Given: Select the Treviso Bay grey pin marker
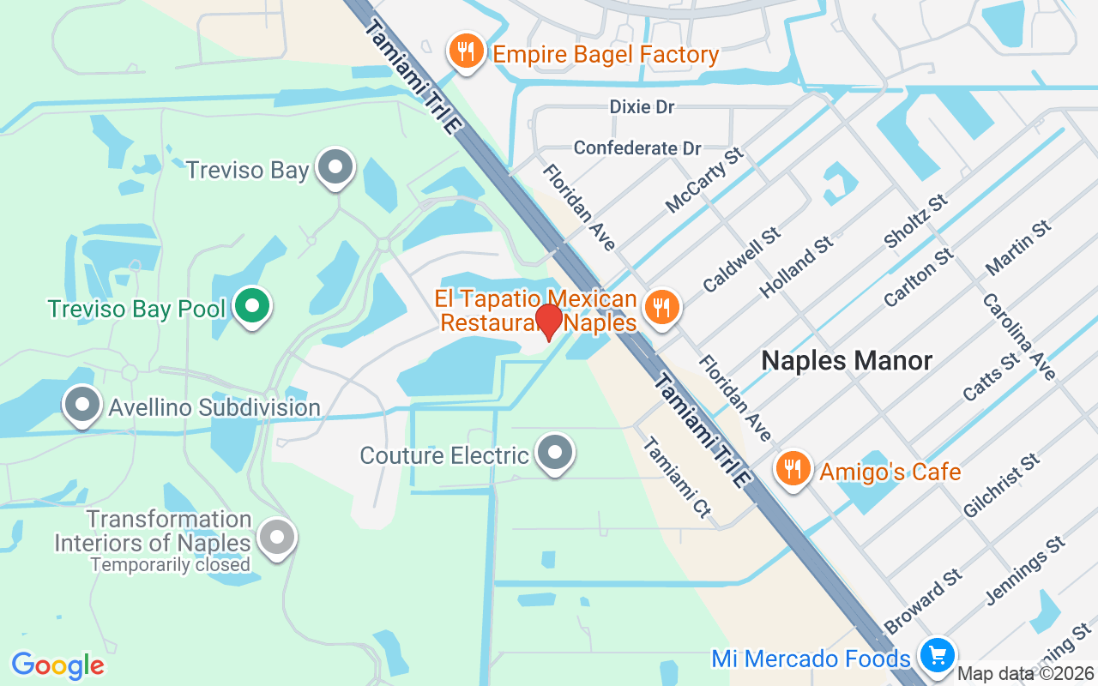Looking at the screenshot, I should tap(335, 166).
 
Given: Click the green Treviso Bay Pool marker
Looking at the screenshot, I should tap(251, 306).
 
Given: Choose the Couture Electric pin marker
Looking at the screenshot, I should tap(554, 452).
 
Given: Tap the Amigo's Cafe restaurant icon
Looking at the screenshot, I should tap(793, 469).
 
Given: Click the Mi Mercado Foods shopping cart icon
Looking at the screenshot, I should tap(937, 656).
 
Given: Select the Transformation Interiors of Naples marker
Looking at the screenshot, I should tap(277, 538).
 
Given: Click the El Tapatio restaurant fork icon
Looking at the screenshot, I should tap(661, 306).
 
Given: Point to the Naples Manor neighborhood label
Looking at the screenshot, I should tap(847, 360).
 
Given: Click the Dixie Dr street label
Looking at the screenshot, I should tap(642, 107).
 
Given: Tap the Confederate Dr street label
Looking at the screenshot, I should tap(637, 148).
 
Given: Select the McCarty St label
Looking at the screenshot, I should tap(703, 180).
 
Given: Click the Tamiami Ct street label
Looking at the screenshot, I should tap(677, 477).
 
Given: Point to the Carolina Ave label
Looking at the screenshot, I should tap(1018, 337).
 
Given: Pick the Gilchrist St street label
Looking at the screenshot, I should tap(1001, 486).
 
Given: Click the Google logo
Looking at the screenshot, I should tap(57, 665).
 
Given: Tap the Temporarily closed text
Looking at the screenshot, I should tap(170, 565).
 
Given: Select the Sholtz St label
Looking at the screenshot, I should tap(915, 222).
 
